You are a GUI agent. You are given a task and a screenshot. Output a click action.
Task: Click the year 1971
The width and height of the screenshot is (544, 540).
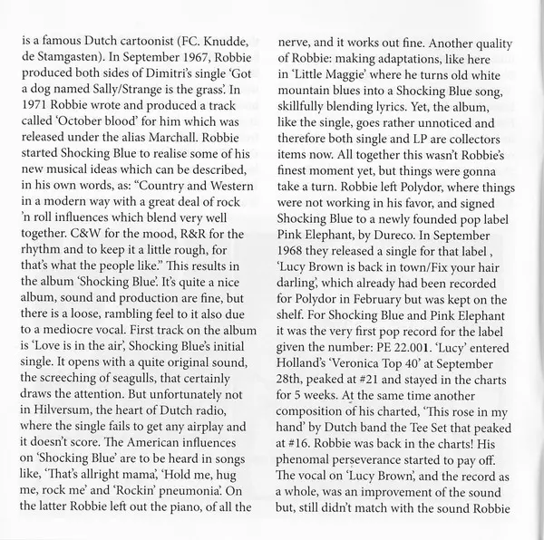35,113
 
